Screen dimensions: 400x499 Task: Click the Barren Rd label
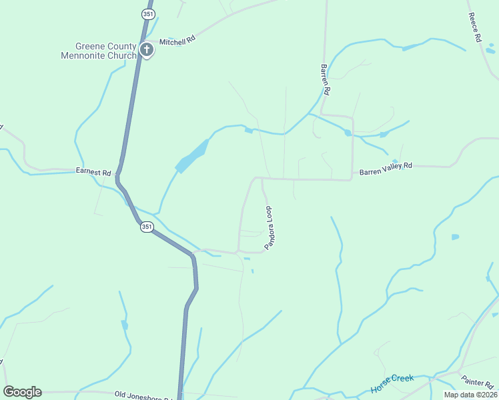click(x=325, y=79)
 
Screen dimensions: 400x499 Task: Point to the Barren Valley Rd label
click(x=386, y=167)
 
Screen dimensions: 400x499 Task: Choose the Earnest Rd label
click(x=93, y=171)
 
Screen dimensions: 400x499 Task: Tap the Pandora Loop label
click(x=270, y=228)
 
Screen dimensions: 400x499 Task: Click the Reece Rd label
click(x=474, y=28)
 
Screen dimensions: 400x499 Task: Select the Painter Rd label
click(x=477, y=382)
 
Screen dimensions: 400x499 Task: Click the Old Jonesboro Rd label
click(x=143, y=395)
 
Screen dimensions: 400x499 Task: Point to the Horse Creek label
click(x=392, y=383)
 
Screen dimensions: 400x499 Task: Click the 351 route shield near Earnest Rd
click(x=147, y=227)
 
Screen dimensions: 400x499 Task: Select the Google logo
click(x=22, y=392)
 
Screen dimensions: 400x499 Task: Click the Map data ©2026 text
click(x=470, y=395)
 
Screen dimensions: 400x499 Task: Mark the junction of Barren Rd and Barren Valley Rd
click(x=352, y=179)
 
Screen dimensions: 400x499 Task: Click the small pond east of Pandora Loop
click(x=455, y=237)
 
